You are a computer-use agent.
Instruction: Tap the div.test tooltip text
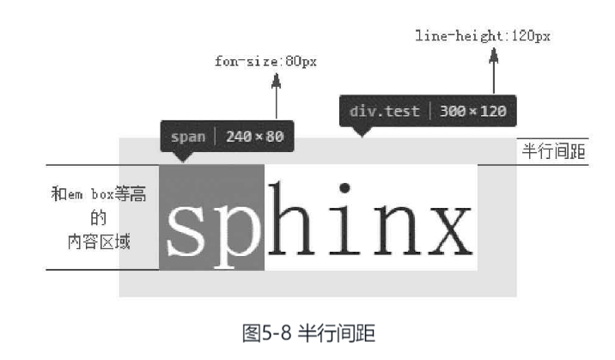[385, 112]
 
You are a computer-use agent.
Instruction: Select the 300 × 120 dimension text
[473, 112]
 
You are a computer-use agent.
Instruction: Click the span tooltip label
[188, 137]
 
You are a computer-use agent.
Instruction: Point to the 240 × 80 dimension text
[254, 137]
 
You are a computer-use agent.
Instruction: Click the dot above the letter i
[344, 187]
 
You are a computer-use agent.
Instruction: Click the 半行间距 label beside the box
[554, 152]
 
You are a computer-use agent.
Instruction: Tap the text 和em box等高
[98, 195]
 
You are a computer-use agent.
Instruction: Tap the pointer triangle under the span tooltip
[182, 157]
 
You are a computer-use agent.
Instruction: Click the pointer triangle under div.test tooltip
[362, 131]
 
